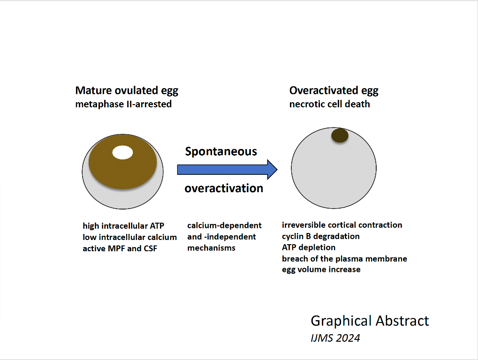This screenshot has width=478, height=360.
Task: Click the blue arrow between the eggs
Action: click(x=227, y=169)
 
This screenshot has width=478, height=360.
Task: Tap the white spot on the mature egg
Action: click(x=122, y=153)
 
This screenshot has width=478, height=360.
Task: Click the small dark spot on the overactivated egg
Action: click(x=340, y=135)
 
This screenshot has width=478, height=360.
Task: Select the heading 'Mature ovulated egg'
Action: click(x=127, y=91)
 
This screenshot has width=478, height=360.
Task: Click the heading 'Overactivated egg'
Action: click(x=334, y=91)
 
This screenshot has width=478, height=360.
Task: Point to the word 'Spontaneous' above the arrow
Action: click(x=221, y=151)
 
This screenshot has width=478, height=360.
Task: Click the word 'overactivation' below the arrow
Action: click(x=224, y=188)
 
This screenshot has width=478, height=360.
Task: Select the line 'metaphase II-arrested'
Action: click(x=123, y=104)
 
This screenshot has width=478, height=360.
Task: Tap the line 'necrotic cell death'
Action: click(x=330, y=104)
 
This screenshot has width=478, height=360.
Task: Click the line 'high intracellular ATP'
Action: click(x=123, y=225)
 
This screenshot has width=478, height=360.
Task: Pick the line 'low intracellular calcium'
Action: click(x=129, y=237)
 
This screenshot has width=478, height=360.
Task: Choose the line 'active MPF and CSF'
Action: click(x=120, y=248)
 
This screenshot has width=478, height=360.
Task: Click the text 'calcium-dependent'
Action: click(x=224, y=225)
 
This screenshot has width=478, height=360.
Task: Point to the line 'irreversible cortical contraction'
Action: click(x=342, y=225)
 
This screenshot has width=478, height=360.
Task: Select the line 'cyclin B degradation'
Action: click(x=321, y=236)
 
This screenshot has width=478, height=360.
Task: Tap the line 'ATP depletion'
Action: click(x=309, y=247)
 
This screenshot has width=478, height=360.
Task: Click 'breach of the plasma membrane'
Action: click(x=344, y=259)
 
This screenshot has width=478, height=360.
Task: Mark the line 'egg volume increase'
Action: click(x=321, y=270)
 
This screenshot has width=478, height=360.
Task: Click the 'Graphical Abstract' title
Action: click(x=370, y=321)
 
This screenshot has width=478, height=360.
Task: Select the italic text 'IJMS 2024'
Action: click(x=335, y=338)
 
